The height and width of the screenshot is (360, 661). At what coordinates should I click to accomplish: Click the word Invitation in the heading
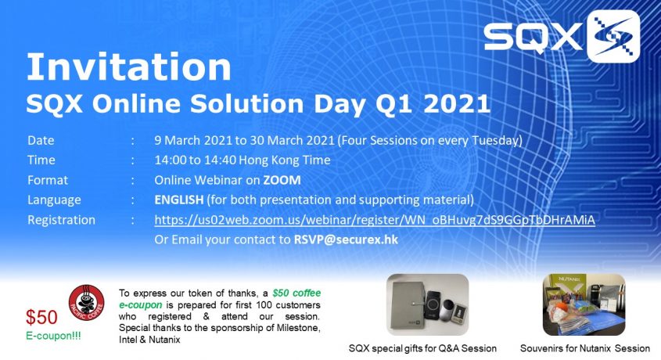tap(128, 67)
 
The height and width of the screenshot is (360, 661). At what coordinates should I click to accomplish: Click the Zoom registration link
tap(375, 220)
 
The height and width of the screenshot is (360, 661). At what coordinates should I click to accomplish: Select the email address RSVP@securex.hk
tap(346, 239)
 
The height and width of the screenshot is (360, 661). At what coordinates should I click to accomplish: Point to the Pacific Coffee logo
tap(86, 302)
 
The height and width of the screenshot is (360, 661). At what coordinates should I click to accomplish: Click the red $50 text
tap(41, 317)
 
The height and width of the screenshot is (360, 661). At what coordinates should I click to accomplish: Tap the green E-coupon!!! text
tap(53, 336)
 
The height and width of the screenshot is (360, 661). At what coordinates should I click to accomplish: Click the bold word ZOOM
tap(282, 180)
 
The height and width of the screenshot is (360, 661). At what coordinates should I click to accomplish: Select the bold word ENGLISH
tap(178, 200)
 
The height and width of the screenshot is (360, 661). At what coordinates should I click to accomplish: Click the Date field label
tap(41, 140)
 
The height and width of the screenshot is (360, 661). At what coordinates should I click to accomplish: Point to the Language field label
tap(54, 200)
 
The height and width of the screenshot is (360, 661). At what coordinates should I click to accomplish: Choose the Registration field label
tap(61, 220)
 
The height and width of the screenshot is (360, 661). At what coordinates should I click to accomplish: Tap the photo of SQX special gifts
tap(427, 304)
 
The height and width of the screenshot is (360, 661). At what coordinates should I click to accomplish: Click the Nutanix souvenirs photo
tap(584, 304)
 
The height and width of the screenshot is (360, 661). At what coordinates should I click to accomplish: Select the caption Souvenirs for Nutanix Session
tap(584, 348)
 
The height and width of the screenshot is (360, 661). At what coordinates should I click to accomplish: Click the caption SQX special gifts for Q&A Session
tap(422, 348)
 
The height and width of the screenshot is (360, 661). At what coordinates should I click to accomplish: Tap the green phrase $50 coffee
tap(296, 293)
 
